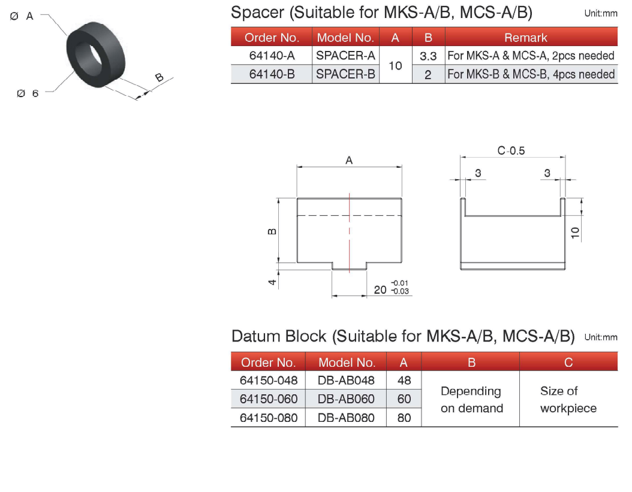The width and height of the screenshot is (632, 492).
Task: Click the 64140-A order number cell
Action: (272, 56)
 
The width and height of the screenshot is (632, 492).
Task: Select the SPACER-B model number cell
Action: (345, 74)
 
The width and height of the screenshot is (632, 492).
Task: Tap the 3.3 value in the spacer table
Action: (428, 56)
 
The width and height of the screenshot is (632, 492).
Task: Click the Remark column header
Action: (526, 38)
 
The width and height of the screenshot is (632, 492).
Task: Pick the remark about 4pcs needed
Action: (531, 74)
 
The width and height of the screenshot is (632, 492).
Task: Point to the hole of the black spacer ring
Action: (89, 53)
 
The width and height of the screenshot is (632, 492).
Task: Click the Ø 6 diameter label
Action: (28, 93)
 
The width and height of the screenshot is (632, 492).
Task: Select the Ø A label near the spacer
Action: (22, 16)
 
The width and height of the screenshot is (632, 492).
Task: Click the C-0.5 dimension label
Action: (511, 150)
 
